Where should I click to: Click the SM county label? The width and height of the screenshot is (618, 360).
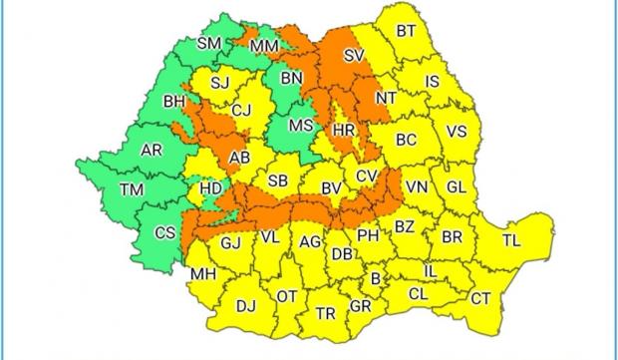pos(209,43)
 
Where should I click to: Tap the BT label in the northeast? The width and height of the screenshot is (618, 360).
pos(406,32)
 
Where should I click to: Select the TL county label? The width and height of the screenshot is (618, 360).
pos(510,240)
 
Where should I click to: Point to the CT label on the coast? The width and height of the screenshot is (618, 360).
pos(480,298)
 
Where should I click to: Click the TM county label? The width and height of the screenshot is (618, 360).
pos(131,189)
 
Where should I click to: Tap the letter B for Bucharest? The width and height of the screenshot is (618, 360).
pos(375,278)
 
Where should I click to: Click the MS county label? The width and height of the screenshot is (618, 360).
pos(300,126)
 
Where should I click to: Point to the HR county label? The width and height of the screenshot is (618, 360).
pos(344,132)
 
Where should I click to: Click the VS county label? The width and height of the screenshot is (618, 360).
pos(456,132)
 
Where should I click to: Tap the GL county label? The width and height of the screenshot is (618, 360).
pos(457,186)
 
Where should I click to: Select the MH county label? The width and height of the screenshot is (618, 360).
pos(203,274)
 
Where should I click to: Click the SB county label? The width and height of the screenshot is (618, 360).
pos(278,180)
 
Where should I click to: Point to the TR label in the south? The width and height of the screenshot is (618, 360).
pos(325,313)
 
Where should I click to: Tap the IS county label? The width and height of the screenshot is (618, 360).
pos(432,81)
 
